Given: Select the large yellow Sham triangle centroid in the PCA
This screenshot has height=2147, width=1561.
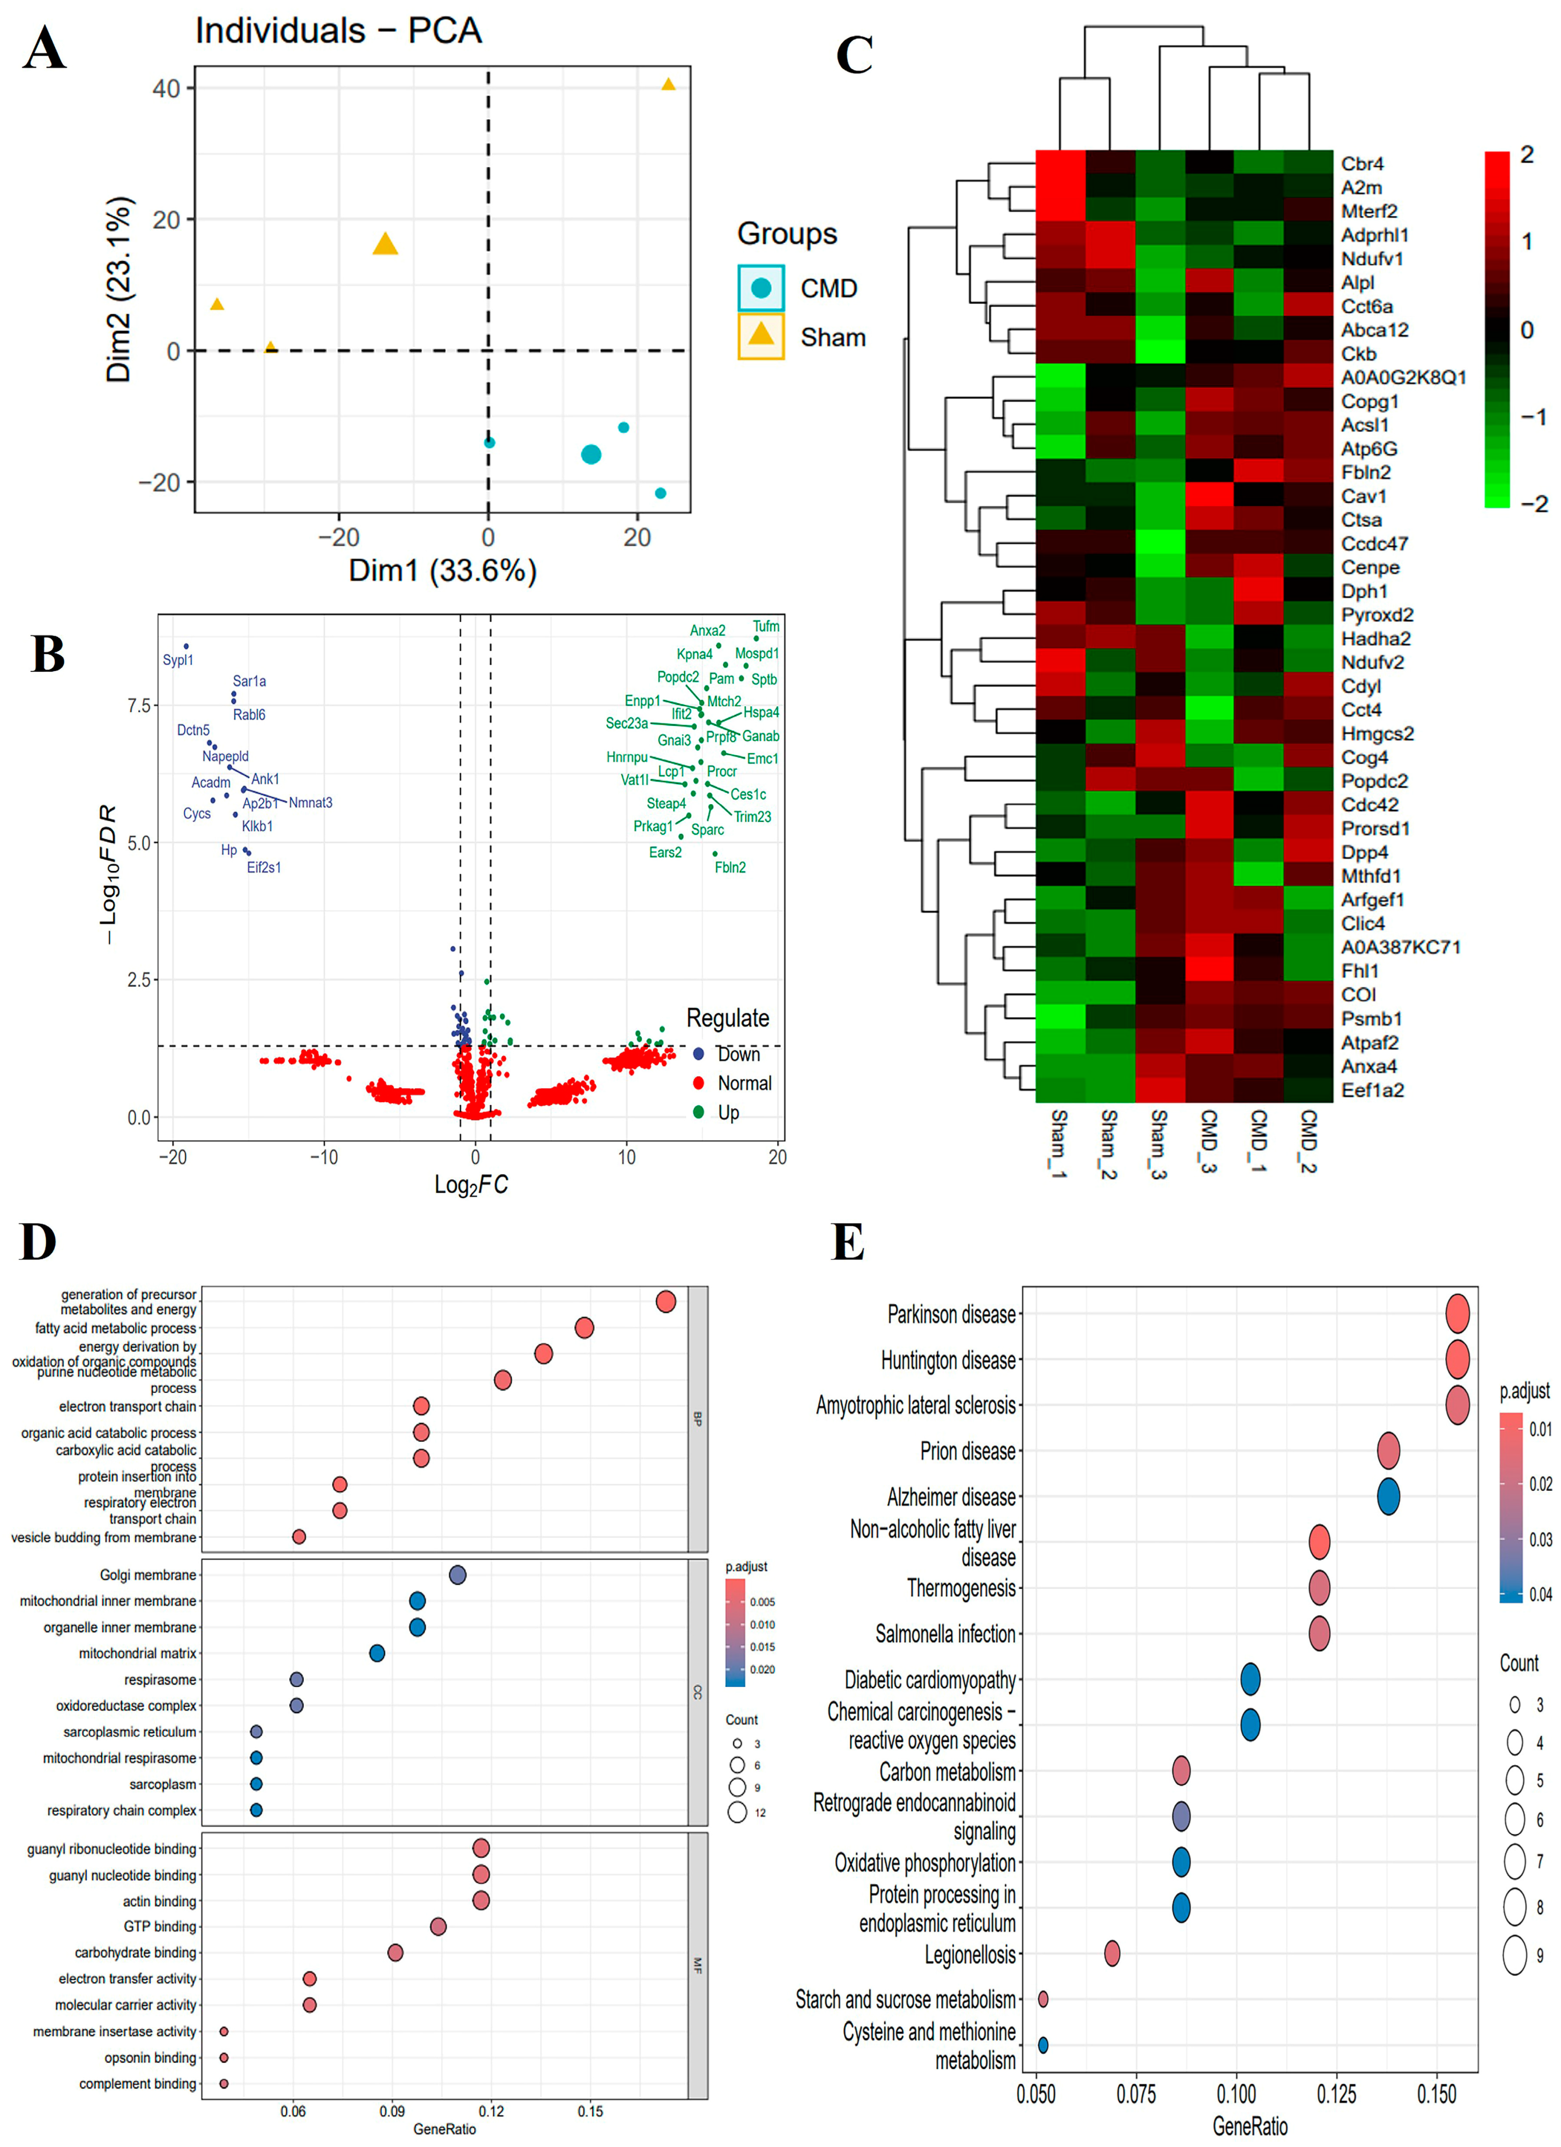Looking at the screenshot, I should click(x=384, y=244).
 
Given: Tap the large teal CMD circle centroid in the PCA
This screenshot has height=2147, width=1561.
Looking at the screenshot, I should click(x=591, y=455).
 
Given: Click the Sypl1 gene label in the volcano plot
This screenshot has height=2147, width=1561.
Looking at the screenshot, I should click(x=178, y=660).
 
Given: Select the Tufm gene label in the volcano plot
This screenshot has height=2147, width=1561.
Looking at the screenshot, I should click(x=766, y=627).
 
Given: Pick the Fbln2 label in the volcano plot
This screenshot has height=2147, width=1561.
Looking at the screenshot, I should click(x=730, y=867).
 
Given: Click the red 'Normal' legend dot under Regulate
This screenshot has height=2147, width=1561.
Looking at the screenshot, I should click(x=698, y=1083).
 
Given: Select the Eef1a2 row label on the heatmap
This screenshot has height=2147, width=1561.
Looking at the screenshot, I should click(x=1372, y=1090).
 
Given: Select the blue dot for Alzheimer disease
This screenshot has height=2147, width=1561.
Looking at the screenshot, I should click(x=1388, y=1496).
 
